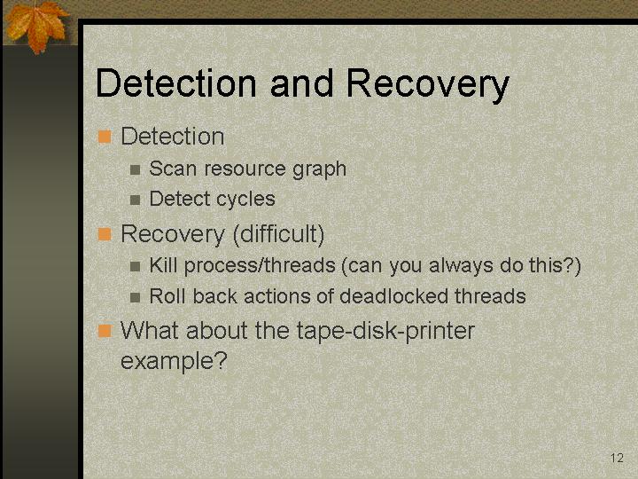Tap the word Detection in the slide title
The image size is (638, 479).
pos(175,83)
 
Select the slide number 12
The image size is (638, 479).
pos(617,458)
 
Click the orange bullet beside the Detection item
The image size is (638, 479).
pos(105,137)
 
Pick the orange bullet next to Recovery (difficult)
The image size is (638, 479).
pos(105,234)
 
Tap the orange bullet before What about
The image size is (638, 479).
pos(105,331)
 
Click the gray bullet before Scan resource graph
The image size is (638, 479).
pos(135,169)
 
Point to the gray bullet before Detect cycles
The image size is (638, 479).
pos(135,200)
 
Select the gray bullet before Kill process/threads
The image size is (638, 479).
pos(135,266)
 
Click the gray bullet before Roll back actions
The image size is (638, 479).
pos(135,297)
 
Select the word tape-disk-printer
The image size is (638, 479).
pos(385,331)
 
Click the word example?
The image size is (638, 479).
pos(174,361)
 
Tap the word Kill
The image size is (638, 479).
pos(163,265)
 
